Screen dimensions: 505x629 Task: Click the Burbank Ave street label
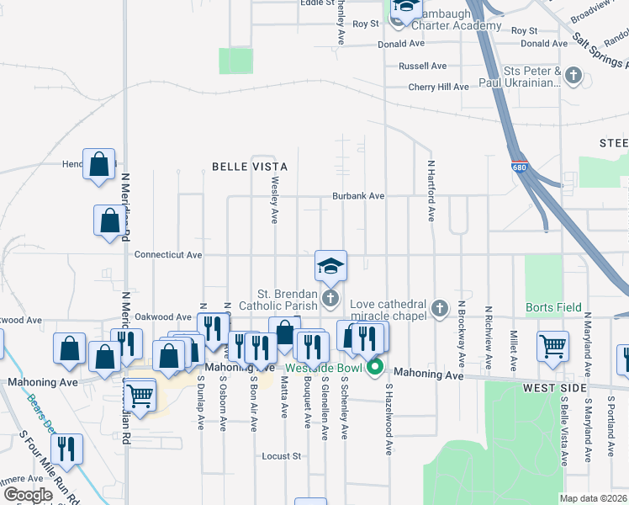point(357,196)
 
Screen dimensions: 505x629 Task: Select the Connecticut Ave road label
point(168,254)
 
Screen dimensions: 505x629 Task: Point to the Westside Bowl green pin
point(375,367)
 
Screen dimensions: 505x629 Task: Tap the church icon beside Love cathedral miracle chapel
point(439,309)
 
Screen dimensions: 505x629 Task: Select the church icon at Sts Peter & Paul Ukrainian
point(573,77)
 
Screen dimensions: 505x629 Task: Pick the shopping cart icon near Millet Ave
point(552,345)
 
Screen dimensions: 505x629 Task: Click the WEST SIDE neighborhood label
point(554,387)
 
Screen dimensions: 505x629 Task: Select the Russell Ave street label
point(423,66)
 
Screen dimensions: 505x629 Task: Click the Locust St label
point(282,456)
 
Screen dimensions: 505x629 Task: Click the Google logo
point(28,495)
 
